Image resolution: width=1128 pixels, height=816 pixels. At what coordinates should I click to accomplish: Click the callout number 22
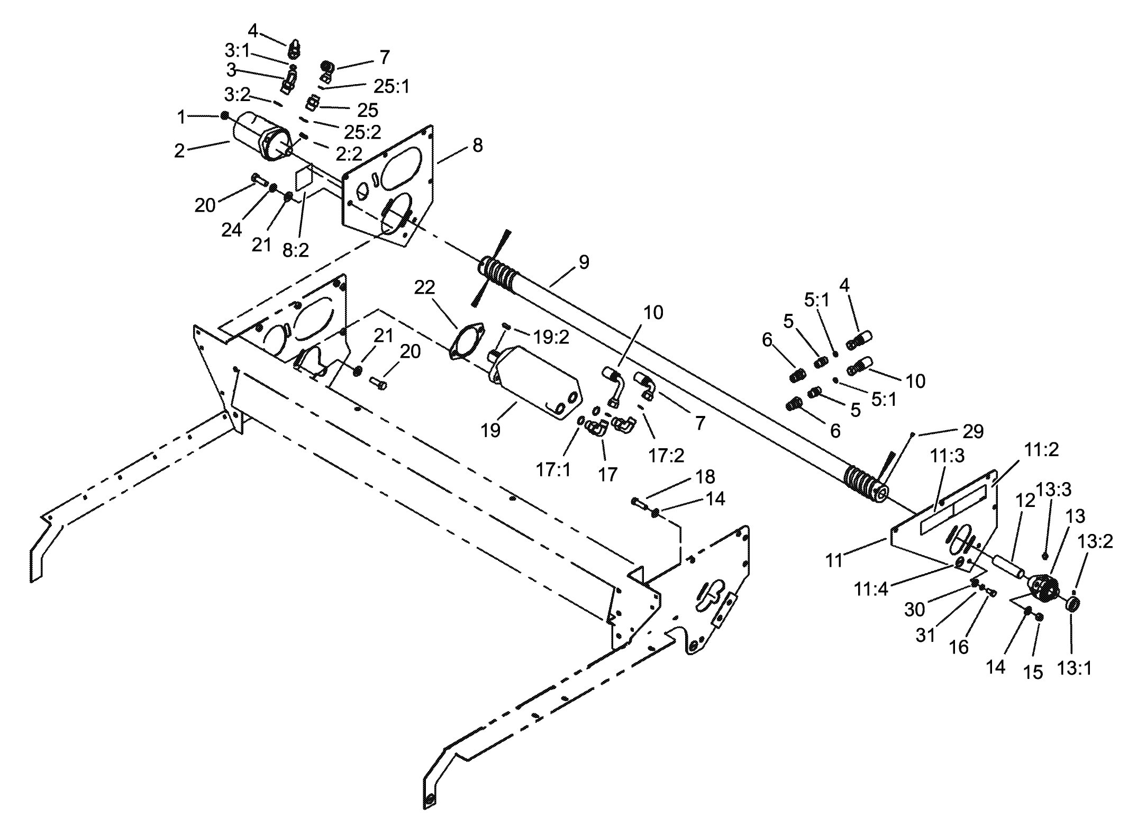click(x=424, y=287)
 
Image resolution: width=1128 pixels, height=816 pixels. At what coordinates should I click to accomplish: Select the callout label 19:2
click(x=551, y=337)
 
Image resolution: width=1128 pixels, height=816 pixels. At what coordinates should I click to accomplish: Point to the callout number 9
click(x=584, y=262)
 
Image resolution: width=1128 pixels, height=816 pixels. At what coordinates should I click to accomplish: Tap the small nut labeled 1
click(x=225, y=115)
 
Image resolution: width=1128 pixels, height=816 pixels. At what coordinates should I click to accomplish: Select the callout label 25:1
click(x=392, y=86)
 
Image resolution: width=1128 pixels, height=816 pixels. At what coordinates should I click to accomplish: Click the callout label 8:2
click(x=295, y=250)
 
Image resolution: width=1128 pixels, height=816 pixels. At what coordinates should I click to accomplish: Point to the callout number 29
click(x=973, y=431)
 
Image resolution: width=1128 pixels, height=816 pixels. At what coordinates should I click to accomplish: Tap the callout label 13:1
click(x=1075, y=668)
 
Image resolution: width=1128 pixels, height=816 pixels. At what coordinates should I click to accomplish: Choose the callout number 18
click(x=706, y=476)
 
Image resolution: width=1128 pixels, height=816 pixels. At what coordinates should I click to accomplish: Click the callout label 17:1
click(x=553, y=469)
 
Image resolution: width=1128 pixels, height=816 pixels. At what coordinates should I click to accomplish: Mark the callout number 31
click(x=925, y=635)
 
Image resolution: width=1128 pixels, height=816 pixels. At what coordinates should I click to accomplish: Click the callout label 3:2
click(x=237, y=95)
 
